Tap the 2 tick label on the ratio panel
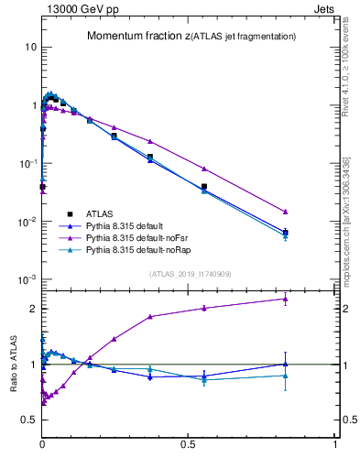click(32, 309)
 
